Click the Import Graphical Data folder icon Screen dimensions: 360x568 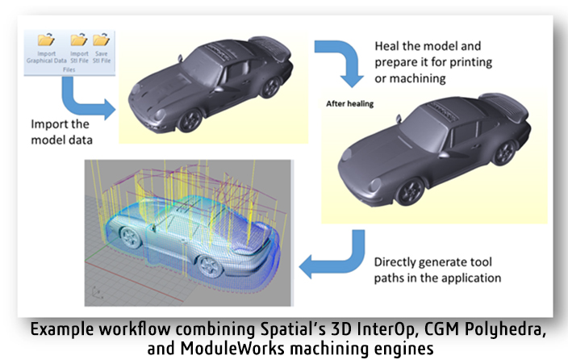(x=46, y=39)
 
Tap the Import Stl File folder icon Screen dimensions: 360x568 (x=79, y=39)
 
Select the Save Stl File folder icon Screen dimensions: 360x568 (x=101, y=39)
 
